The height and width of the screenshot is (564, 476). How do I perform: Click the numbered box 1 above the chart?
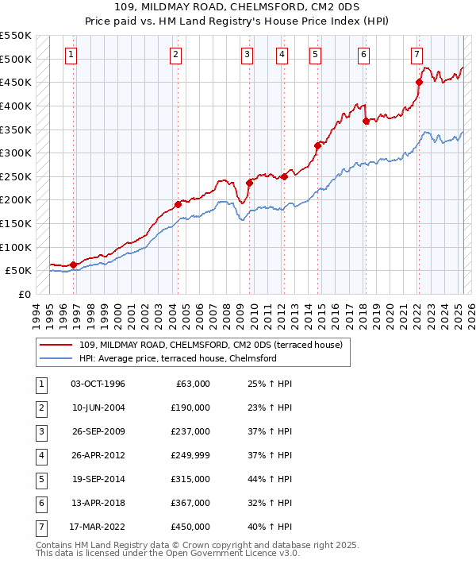click(x=72, y=55)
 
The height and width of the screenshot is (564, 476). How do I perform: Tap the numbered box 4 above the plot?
click(x=282, y=55)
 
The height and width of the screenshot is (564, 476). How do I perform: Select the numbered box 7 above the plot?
click(x=416, y=55)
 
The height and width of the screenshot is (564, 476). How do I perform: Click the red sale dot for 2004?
click(x=178, y=204)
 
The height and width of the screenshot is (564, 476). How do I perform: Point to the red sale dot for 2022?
click(x=420, y=82)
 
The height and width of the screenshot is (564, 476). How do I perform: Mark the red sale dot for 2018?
click(x=366, y=121)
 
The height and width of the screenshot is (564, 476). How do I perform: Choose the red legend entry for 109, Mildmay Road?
click(x=210, y=345)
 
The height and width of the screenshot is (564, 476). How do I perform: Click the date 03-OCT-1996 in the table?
click(x=98, y=384)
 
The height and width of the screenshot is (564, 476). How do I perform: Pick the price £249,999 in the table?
click(x=190, y=456)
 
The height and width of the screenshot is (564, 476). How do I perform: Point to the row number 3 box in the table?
click(x=40, y=432)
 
